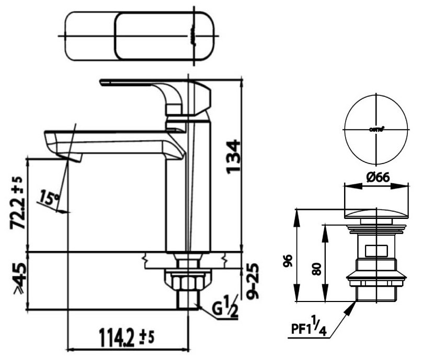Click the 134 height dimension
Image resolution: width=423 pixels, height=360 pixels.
pos(233,156)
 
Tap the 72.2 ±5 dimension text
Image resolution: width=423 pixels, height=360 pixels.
pos(17,204)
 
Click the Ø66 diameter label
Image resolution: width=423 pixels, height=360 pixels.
pos(376,178)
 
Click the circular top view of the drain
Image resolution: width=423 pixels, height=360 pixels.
pos(376,129)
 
